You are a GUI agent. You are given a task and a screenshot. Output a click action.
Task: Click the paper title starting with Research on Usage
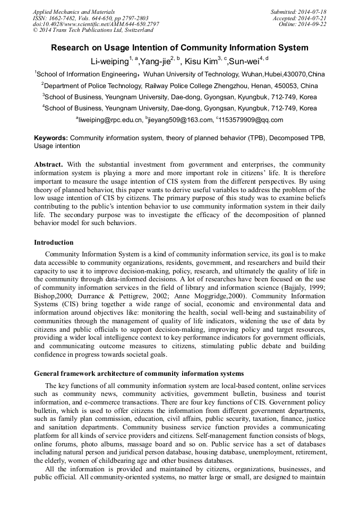click(x=179, y=48)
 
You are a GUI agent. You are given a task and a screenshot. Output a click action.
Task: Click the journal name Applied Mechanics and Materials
click(x=73, y=12)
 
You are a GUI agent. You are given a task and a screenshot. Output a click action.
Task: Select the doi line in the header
click(x=96, y=24)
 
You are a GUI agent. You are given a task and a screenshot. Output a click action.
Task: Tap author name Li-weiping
click(x=109, y=61)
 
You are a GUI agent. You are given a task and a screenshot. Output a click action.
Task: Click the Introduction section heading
click(x=54, y=243)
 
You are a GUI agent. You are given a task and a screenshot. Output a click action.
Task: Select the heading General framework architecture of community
click(x=139, y=373)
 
